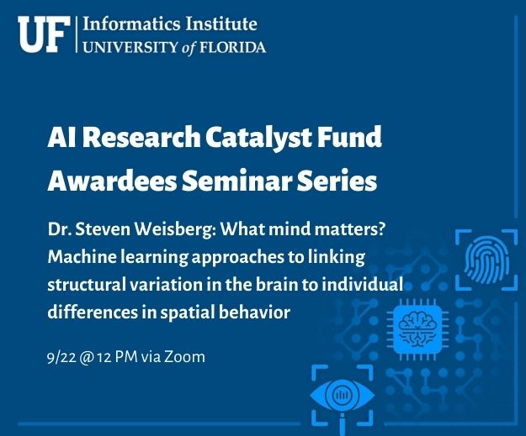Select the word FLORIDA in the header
pyautogui.click(x=233, y=47)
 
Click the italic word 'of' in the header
pyautogui.click(x=189, y=48)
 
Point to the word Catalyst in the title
pyautogui.click(x=258, y=137)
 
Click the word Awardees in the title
pyautogui.click(x=112, y=180)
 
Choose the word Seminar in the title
pyautogui.click(x=236, y=180)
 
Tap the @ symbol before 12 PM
pyautogui.click(x=87, y=358)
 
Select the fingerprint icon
pyautogui.click(x=486, y=260)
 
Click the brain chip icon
pyautogui.click(x=417, y=329)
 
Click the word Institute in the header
pyautogui.click(x=221, y=24)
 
